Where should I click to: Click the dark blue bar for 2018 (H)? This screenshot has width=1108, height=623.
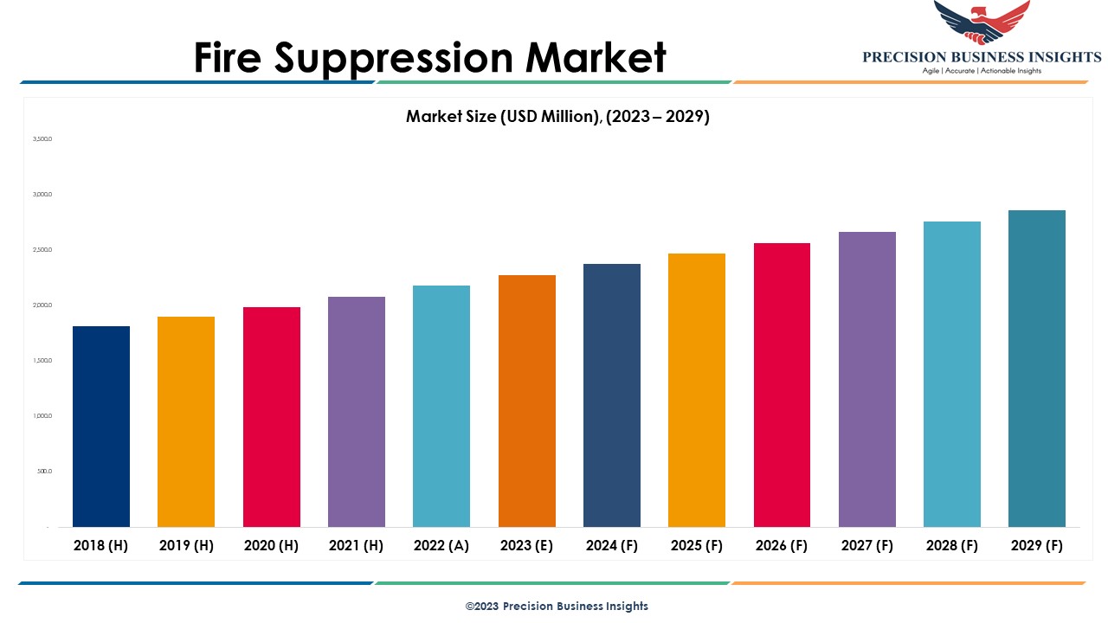[101, 427]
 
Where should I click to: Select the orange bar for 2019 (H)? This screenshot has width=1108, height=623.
[186, 421]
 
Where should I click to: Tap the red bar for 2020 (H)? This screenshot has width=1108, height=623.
[272, 417]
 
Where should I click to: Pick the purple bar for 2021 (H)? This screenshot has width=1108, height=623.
[357, 412]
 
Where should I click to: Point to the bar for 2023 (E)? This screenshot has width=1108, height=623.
[527, 401]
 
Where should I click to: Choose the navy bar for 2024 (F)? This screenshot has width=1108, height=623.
[612, 395]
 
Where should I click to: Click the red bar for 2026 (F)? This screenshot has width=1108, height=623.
[782, 385]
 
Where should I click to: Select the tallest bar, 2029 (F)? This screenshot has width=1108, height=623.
[1037, 369]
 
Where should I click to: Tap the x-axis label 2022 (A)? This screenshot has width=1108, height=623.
[441, 546]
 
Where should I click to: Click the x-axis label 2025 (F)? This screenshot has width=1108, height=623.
[697, 546]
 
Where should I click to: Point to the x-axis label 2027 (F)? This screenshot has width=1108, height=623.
[866, 546]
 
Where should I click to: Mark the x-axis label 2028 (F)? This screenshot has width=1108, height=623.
[952, 546]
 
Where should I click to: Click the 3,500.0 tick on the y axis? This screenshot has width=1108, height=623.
[42, 138]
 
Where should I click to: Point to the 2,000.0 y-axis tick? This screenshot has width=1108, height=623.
[42, 305]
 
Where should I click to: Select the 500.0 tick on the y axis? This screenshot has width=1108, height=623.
[45, 472]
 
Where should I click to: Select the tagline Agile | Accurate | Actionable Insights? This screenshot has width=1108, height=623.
[982, 71]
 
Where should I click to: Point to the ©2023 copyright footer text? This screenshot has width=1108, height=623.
[557, 606]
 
